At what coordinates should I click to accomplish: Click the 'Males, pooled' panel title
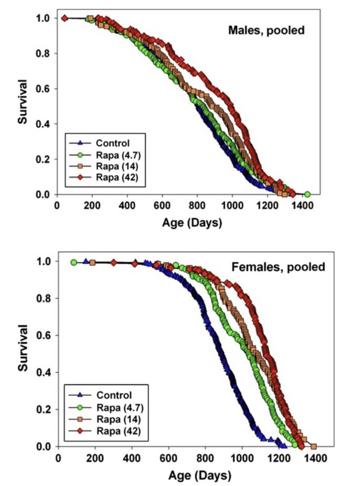tap(266, 30)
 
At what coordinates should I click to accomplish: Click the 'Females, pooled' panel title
tap(278, 266)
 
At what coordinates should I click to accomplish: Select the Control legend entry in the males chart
tap(112, 143)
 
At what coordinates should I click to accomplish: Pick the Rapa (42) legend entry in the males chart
tap(117, 177)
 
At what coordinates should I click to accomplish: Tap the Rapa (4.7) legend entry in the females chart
tap(119, 408)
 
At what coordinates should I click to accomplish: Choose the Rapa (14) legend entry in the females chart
tap(118, 419)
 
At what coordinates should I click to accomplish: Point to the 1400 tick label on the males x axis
tap(303, 205)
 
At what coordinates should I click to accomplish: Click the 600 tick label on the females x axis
tap(169, 458)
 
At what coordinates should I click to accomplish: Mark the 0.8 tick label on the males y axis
tap(42, 54)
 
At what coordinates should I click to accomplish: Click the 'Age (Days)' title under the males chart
tap(192, 223)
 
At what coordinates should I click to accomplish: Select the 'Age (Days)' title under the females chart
tap(199, 475)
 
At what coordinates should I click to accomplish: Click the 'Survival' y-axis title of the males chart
tap(22, 102)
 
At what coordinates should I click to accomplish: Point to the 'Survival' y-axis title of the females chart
tap(23, 348)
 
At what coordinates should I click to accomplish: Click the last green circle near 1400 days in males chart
tap(307, 194)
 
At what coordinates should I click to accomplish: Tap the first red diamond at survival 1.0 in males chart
tap(65, 18)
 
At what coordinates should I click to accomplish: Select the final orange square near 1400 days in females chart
tap(314, 446)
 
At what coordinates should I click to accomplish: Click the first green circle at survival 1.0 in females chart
tap(74, 262)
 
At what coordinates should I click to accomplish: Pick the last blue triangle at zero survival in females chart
tap(284, 446)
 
